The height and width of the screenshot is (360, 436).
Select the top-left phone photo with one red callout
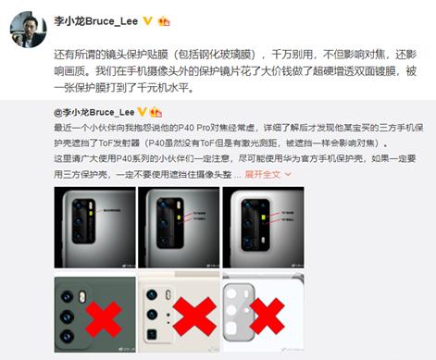(93, 228)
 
